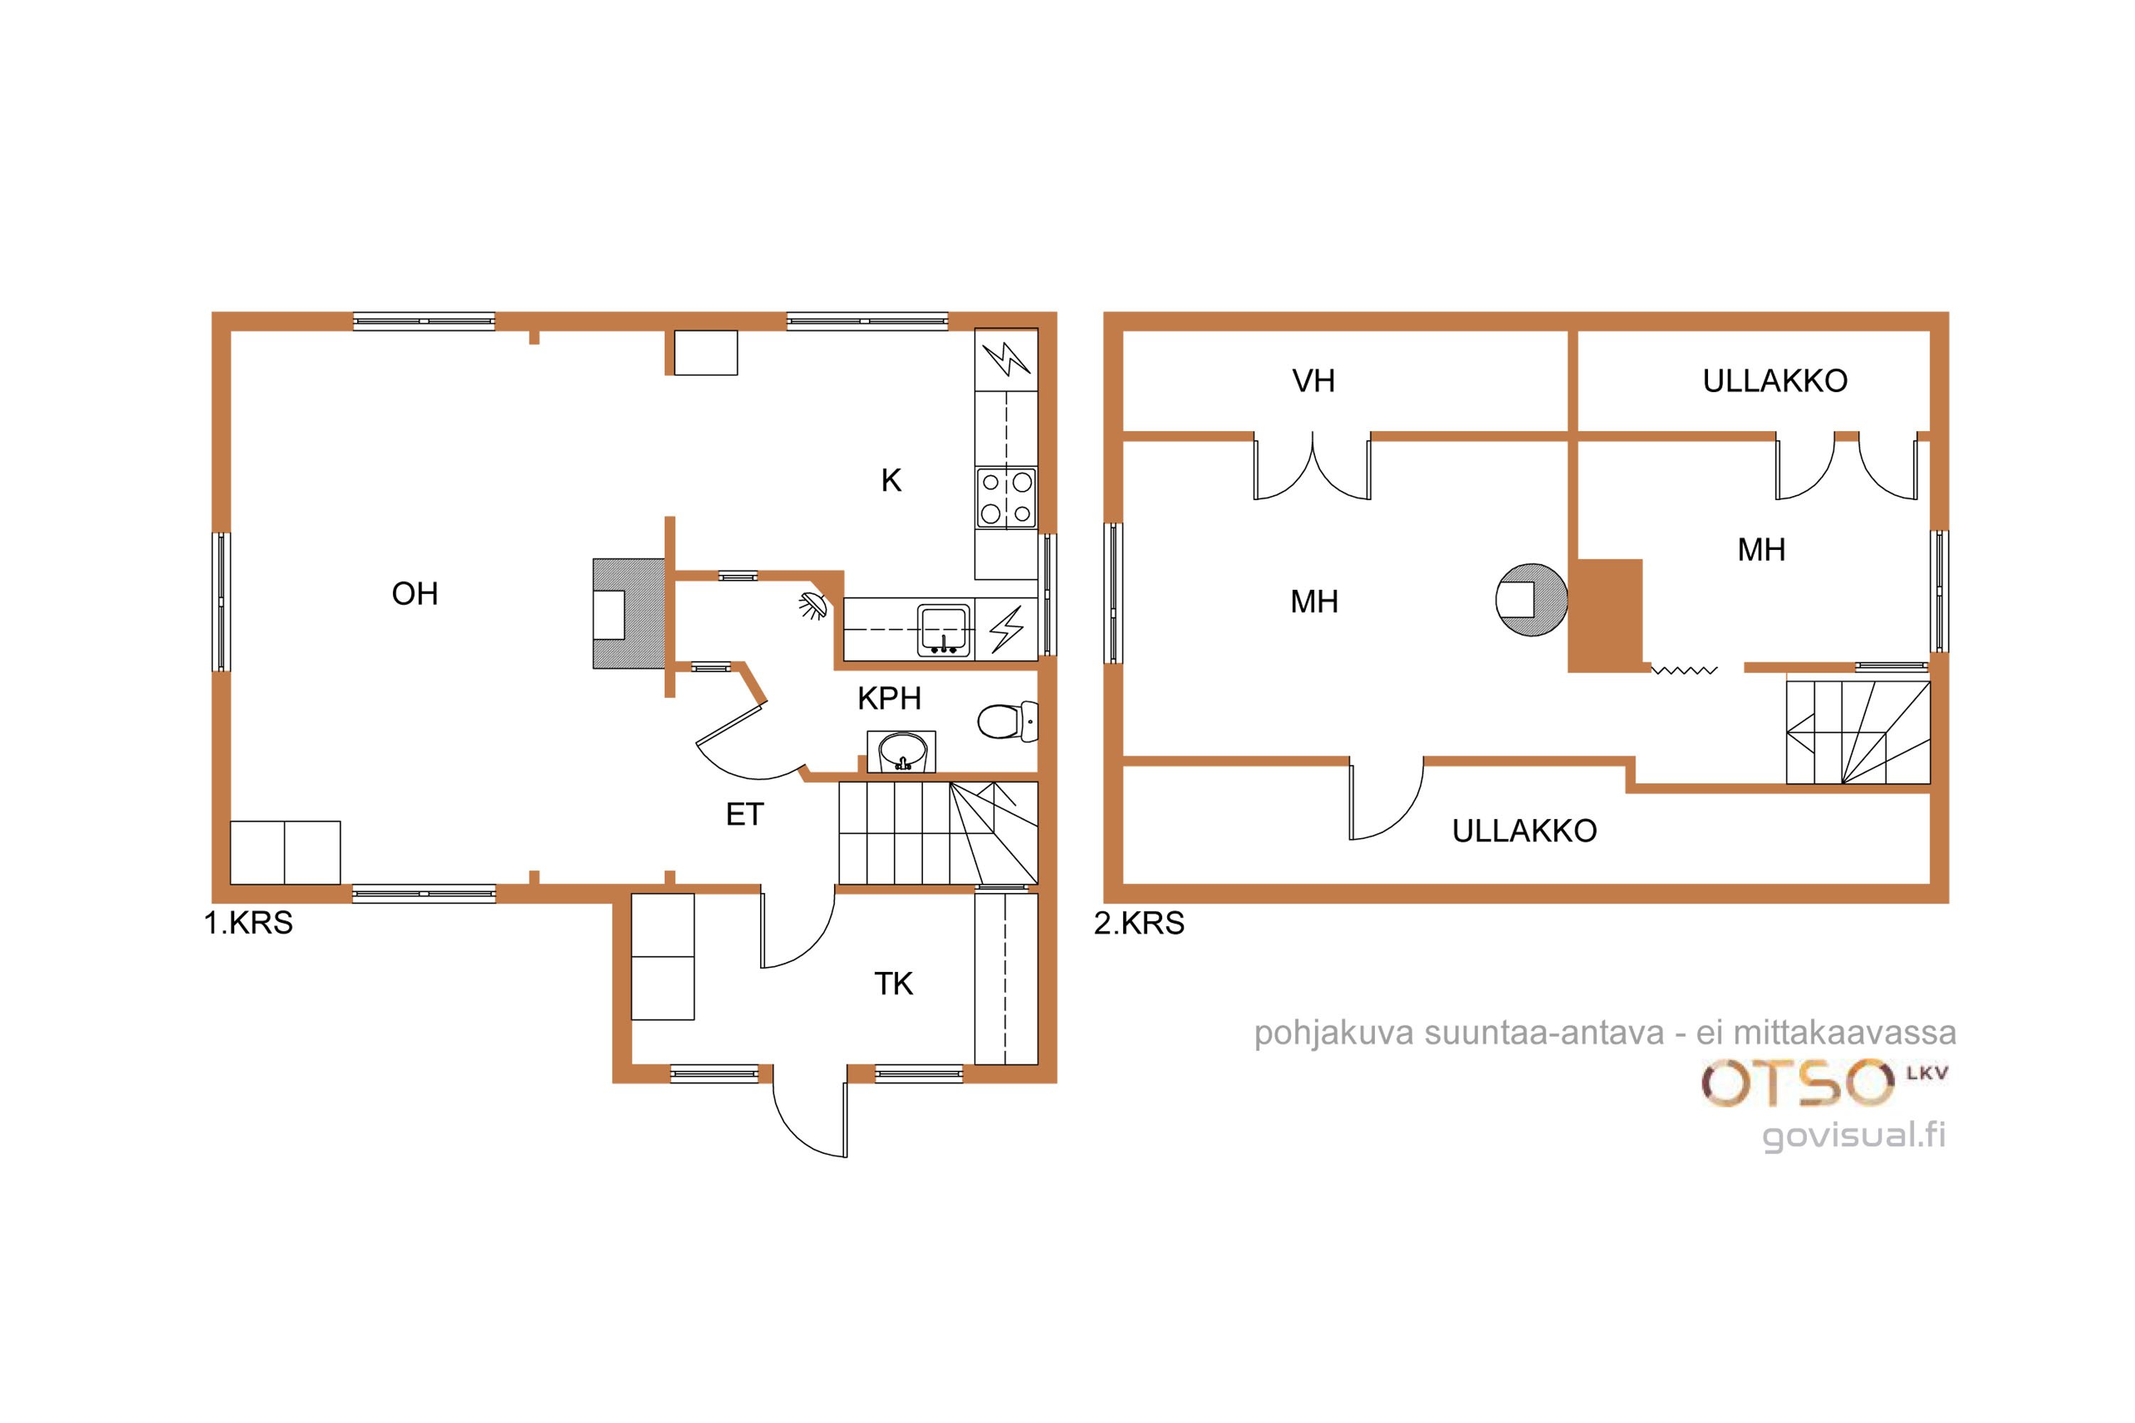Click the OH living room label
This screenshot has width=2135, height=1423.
click(x=415, y=593)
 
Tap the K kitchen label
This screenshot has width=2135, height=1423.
click(x=892, y=480)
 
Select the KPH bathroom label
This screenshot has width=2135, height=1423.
click(x=890, y=698)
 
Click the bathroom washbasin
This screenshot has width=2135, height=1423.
click(x=902, y=751)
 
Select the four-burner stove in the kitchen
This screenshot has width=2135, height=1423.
click(x=1006, y=497)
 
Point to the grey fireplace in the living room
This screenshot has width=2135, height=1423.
click(x=628, y=613)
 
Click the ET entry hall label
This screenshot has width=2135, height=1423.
click(x=744, y=815)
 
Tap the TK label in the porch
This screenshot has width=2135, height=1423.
click(x=893, y=984)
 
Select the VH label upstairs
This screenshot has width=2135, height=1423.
click(x=1314, y=381)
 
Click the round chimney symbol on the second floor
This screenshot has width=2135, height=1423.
click(x=1532, y=600)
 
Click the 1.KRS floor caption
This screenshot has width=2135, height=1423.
click(x=248, y=924)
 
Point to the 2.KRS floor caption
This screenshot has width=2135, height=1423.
click(x=1139, y=924)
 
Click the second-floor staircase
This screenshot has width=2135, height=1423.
click(x=1858, y=732)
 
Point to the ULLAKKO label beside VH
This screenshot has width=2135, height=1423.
click(x=1775, y=381)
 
